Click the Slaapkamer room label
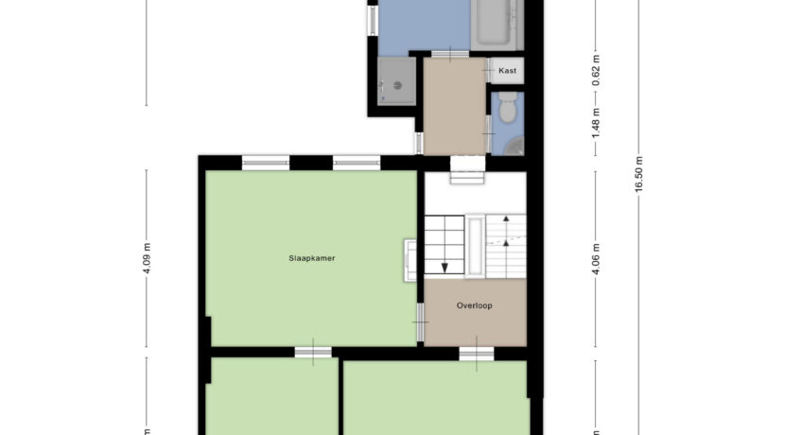[x=312, y=257]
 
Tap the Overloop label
[x=474, y=305]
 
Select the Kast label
[x=507, y=71]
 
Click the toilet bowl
[x=508, y=111]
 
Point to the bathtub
[x=497, y=24]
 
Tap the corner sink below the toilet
[x=515, y=145]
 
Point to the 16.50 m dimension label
[x=640, y=174]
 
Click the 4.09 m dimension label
[x=148, y=258]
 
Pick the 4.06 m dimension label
[x=596, y=257]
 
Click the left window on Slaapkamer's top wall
[x=265, y=162]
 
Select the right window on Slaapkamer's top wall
[x=357, y=162]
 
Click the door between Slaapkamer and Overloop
[x=419, y=325]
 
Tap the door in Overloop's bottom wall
[x=476, y=354]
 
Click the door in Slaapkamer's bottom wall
[x=313, y=354]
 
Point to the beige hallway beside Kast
[x=454, y=104]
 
